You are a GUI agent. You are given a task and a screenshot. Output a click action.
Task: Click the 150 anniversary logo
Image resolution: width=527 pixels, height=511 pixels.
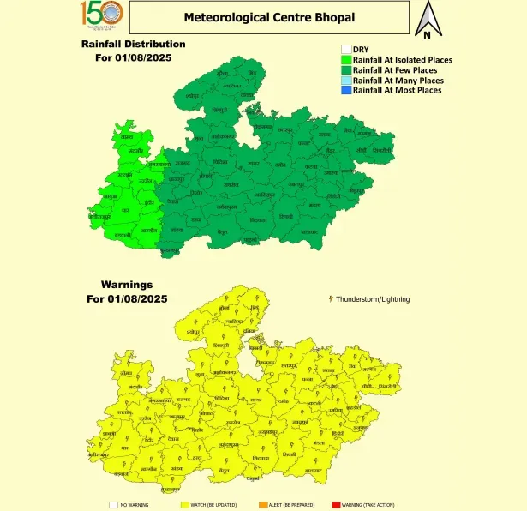pos(102,15)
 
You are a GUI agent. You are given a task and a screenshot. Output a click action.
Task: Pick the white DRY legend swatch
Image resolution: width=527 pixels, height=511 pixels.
pos(346,49)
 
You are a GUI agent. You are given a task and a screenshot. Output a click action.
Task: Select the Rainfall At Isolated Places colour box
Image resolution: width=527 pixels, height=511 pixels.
pos(346,59)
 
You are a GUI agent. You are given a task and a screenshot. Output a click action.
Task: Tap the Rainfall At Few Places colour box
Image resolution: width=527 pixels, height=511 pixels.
pos(346,69)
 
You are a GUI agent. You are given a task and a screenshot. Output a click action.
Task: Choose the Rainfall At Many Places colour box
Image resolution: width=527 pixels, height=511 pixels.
pos(346,80)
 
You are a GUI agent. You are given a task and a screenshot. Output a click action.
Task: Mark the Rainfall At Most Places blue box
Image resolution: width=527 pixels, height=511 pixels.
pos(346,90)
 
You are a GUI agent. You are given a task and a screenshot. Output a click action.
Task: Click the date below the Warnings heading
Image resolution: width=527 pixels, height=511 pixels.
pos(127,298)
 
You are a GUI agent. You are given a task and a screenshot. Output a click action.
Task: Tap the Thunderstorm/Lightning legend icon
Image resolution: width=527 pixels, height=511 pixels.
pos(331,298)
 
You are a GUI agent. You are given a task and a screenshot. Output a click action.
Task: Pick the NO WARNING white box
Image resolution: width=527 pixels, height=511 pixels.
pos(112,505)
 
